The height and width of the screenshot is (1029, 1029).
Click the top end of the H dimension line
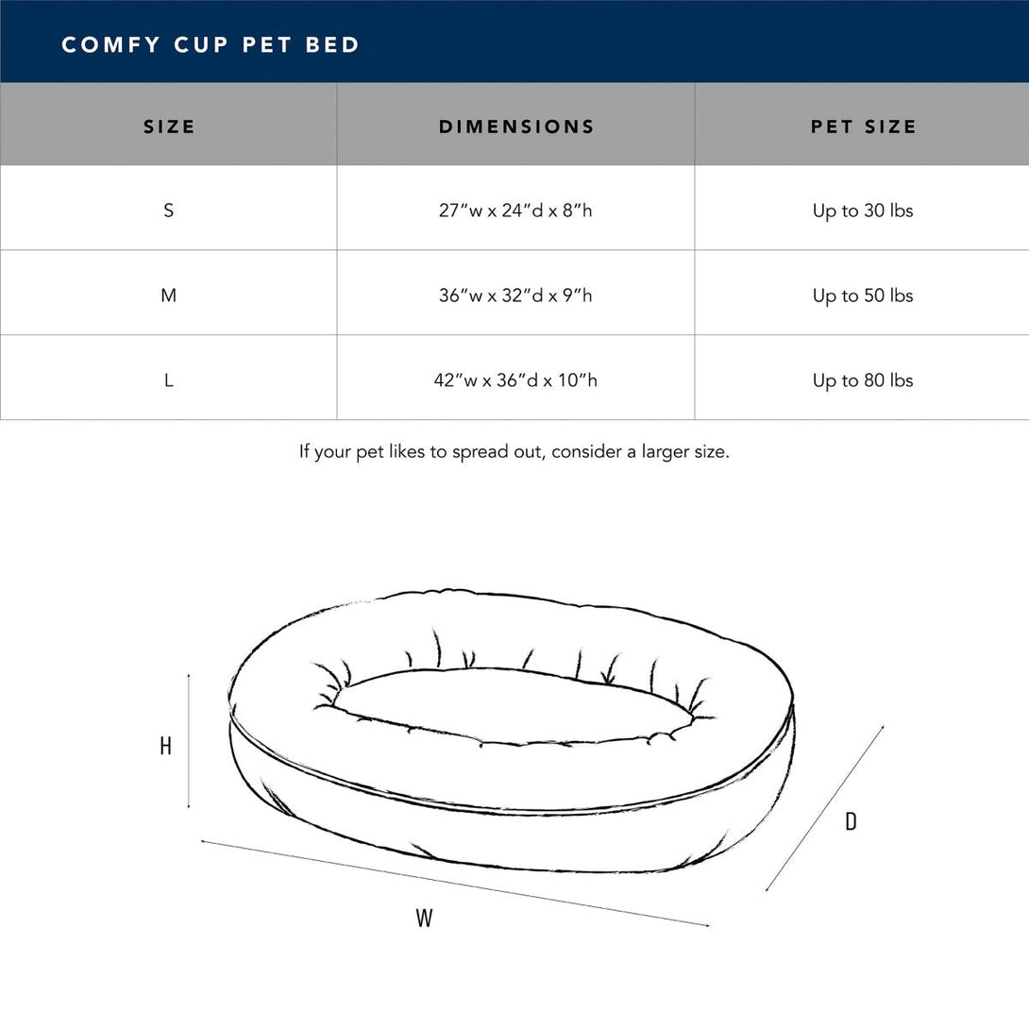point(189,673)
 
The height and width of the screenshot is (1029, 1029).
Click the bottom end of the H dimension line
point(189,808)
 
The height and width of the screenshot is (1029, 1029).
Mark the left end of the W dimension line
point(201,840)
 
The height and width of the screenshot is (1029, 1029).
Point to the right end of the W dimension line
point(709,925)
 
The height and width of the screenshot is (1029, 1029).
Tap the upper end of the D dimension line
point(884,726)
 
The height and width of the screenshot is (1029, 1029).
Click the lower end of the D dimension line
point(766,890)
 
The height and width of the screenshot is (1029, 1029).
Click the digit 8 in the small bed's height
point(567,210)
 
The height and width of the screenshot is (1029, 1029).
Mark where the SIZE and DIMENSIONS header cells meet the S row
point(337,165)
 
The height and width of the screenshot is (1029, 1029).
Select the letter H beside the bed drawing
point(166,746)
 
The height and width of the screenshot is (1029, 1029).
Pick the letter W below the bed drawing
point(424,918)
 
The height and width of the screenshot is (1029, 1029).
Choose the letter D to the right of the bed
point(851,821)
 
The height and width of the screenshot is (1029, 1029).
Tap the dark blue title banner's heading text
point(211,44)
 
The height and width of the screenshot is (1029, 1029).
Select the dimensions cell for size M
point(515,293)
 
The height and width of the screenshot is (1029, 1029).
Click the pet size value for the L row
point(863,380)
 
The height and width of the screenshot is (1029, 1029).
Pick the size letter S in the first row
point(169,211)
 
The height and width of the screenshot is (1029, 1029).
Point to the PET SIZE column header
point(863,127)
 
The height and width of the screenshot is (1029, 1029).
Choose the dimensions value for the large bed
point(515,380)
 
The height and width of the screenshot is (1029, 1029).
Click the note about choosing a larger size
point(514,452)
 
